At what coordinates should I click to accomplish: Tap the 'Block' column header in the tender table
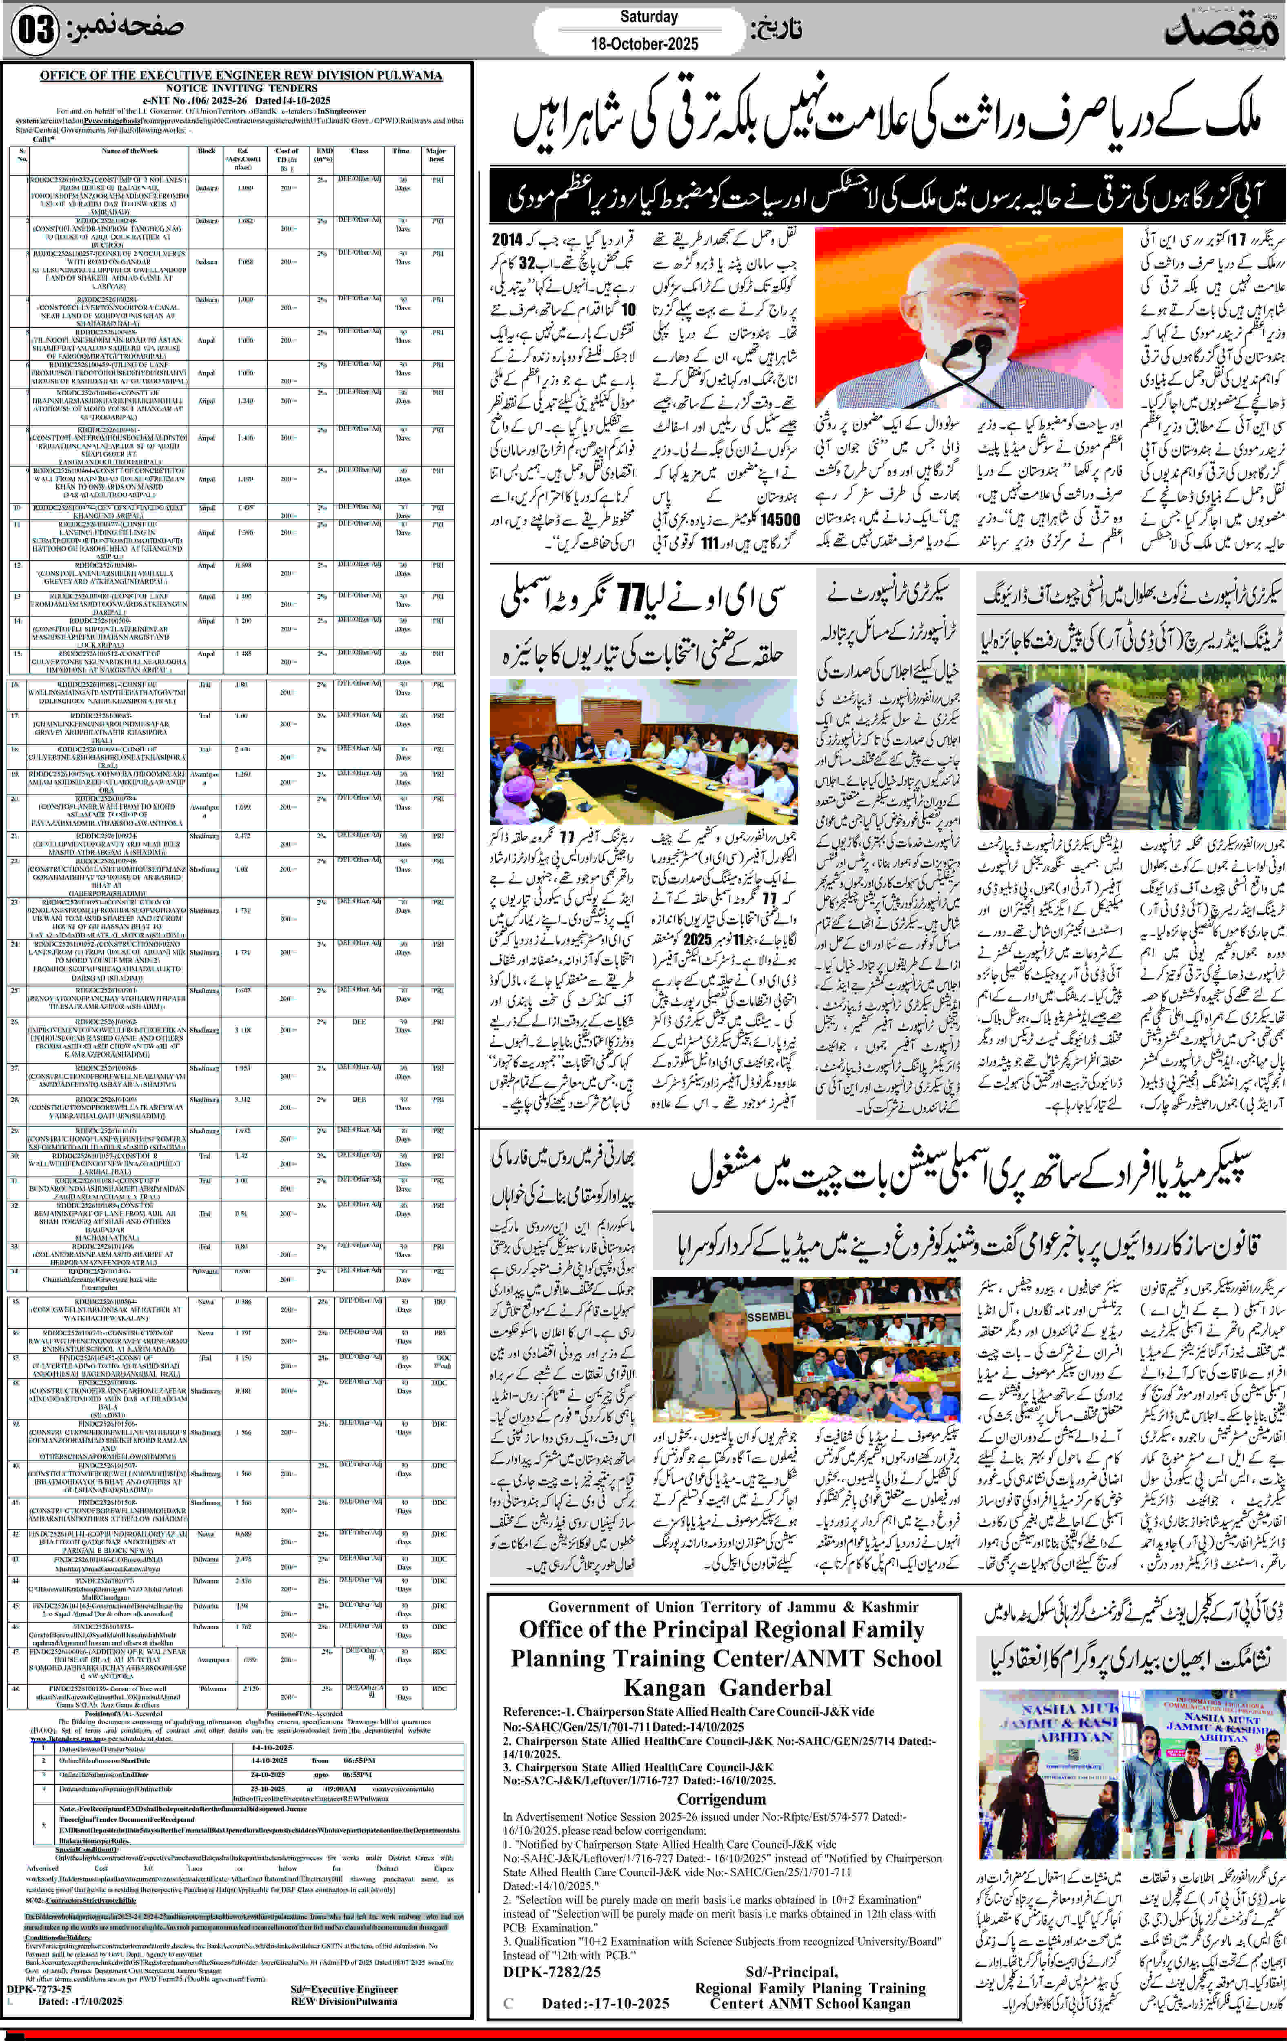206,151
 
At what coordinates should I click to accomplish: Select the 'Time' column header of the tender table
401,151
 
